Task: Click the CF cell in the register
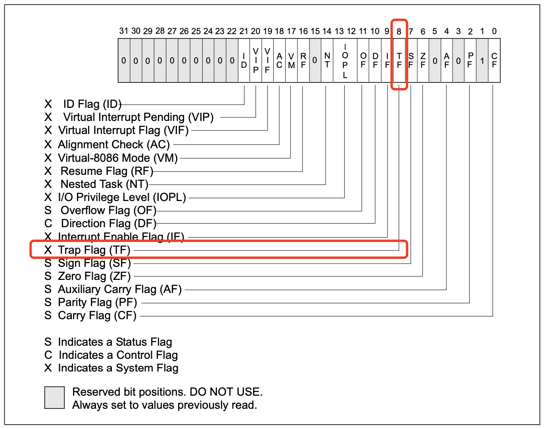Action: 494,60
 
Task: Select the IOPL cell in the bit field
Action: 345,60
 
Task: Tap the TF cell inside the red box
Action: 399,60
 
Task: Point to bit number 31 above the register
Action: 124,31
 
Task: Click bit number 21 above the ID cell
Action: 244,31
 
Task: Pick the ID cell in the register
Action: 244,60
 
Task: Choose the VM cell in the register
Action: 292,60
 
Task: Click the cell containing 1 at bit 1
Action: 482,61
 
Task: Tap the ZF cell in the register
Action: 423,60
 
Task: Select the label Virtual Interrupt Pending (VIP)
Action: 138,117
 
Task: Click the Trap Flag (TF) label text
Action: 94,250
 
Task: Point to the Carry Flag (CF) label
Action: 97,316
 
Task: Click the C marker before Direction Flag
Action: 48,224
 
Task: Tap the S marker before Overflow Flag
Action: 48,211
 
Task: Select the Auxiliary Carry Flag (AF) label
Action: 120,289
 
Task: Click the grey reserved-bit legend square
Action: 54,397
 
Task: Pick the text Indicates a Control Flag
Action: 118,355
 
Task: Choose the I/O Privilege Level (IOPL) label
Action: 122,197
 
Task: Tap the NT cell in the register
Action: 327,60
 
